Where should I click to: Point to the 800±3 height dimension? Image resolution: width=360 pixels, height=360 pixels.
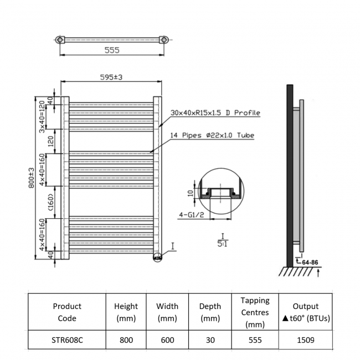(32, 177)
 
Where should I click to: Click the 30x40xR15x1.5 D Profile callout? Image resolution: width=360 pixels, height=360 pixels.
(215, 112)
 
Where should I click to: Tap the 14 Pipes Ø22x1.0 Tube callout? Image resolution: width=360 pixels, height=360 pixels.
(213, 135)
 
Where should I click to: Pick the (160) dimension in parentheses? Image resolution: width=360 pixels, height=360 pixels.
(49, 202)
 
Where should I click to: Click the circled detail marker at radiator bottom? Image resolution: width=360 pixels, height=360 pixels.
(157, 256)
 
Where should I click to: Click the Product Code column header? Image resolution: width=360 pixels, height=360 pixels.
(67, 312)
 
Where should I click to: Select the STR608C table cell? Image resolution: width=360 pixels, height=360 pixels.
(67, 340)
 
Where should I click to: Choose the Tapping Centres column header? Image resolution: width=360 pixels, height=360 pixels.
(255, 312)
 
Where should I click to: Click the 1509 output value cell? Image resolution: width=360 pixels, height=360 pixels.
(305, 340)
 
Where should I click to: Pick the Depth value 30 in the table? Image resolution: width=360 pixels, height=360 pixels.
(210, 340)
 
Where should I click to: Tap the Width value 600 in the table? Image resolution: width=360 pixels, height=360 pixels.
(167, 340)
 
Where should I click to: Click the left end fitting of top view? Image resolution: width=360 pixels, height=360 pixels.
(60, 40)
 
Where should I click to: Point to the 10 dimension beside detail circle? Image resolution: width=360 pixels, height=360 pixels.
(190, 193)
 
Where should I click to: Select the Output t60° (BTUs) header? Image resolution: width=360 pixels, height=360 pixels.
(305, 312)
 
